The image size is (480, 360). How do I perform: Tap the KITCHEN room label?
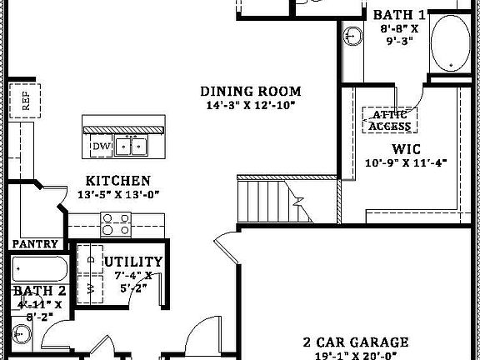(x=118, y=180)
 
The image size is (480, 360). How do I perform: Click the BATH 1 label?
(x=399, y=15)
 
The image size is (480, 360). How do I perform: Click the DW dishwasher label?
(x=101, y=147)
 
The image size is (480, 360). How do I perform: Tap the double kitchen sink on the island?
(x=131, y=147)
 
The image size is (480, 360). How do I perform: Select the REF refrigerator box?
(x=25, y=102)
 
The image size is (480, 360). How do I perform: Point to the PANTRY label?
(x=35, y=244)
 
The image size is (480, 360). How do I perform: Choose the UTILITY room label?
(x=133, y=262)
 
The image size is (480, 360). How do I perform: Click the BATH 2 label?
(x=38, y=291)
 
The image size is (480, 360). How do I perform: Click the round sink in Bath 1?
(x=352, y=37)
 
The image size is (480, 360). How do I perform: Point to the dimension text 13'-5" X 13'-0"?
(x=117, y=194)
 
